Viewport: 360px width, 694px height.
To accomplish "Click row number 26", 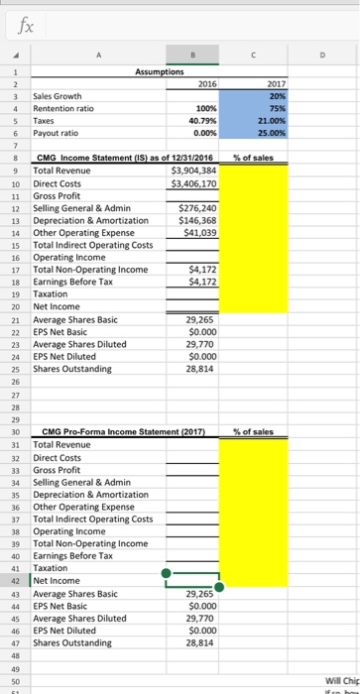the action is (17, 381).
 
